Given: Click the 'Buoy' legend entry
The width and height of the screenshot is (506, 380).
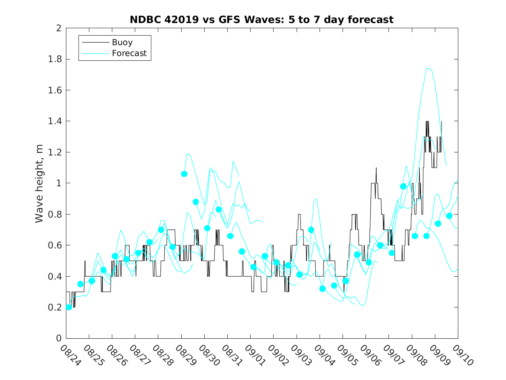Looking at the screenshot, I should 122,43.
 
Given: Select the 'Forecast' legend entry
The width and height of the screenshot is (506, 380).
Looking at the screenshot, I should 129,54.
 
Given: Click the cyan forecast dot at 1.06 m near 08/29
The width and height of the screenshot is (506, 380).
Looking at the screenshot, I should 184,174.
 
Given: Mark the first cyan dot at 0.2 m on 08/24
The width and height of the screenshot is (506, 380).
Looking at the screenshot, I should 69,307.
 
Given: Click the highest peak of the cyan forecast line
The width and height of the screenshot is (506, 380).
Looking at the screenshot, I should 428,68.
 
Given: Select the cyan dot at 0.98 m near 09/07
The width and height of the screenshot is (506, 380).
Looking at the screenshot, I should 403,186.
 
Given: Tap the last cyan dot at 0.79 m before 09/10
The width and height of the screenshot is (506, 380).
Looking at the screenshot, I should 449,216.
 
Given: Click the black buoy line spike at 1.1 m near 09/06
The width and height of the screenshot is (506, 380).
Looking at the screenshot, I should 376,168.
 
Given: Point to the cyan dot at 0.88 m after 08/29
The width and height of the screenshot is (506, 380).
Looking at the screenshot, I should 196,202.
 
